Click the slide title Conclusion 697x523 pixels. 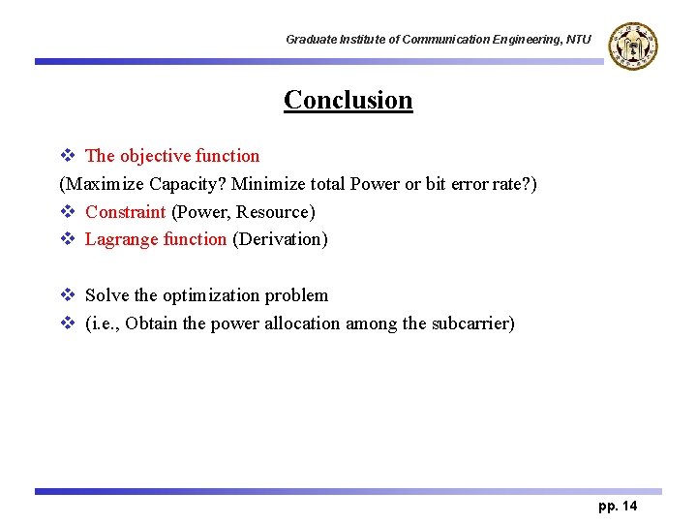pyautogui.click(x=348, y=100)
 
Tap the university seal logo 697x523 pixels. pyautogui.click(x=634, y=45)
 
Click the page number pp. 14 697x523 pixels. pyautogui.click(x=618, y=507)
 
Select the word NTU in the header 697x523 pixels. pyautogui.click(x=578, y=40)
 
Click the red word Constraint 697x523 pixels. pyautogui.click(x=125, y=212)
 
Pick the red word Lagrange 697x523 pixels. pyautogui.click(x=120, y=239)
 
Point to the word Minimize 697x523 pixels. pyautogui.click(x=267, y=184)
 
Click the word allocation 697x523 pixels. pyautogui.click(x=302, y=323)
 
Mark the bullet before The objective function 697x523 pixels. pyautogui.click(x=67, y=156)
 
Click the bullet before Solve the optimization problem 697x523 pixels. pyautogui.click(x=67, y=295)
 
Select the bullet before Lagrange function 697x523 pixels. pyautogui.click(x=67, y=239)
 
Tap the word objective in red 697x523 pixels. pyautogui.click(x=155, y=156)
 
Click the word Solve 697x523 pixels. pyautogui.click(x=106, y=295)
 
